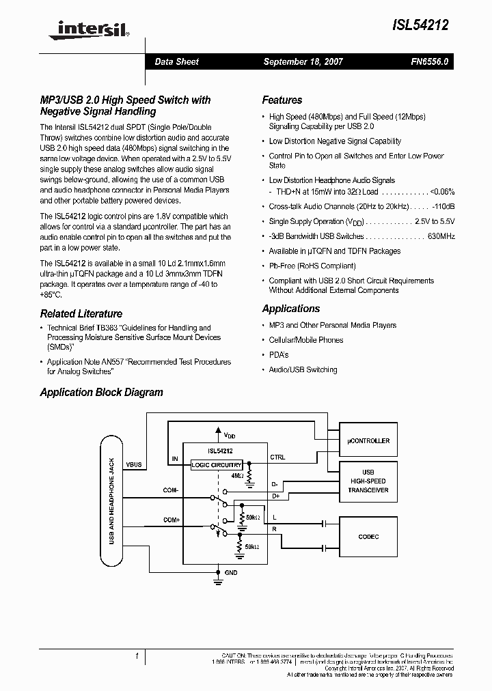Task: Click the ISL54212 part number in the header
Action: click(420, 25)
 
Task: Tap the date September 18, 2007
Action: click(303, 61)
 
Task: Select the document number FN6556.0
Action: click(429, 61)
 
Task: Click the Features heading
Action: click(282, 100)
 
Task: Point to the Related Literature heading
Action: click(81, 314)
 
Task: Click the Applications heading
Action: click(291, 309)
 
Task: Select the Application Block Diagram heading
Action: click(101, 393)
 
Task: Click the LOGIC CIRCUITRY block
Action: click(217, 465)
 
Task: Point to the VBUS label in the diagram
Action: click(134, 464)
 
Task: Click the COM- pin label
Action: click(170, 490)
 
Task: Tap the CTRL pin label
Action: click(278, 457)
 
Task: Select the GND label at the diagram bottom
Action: click(231, 573)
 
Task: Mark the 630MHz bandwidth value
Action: click(441, 236)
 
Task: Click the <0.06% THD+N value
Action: click(442, 192)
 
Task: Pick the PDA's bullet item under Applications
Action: click(279, 355)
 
